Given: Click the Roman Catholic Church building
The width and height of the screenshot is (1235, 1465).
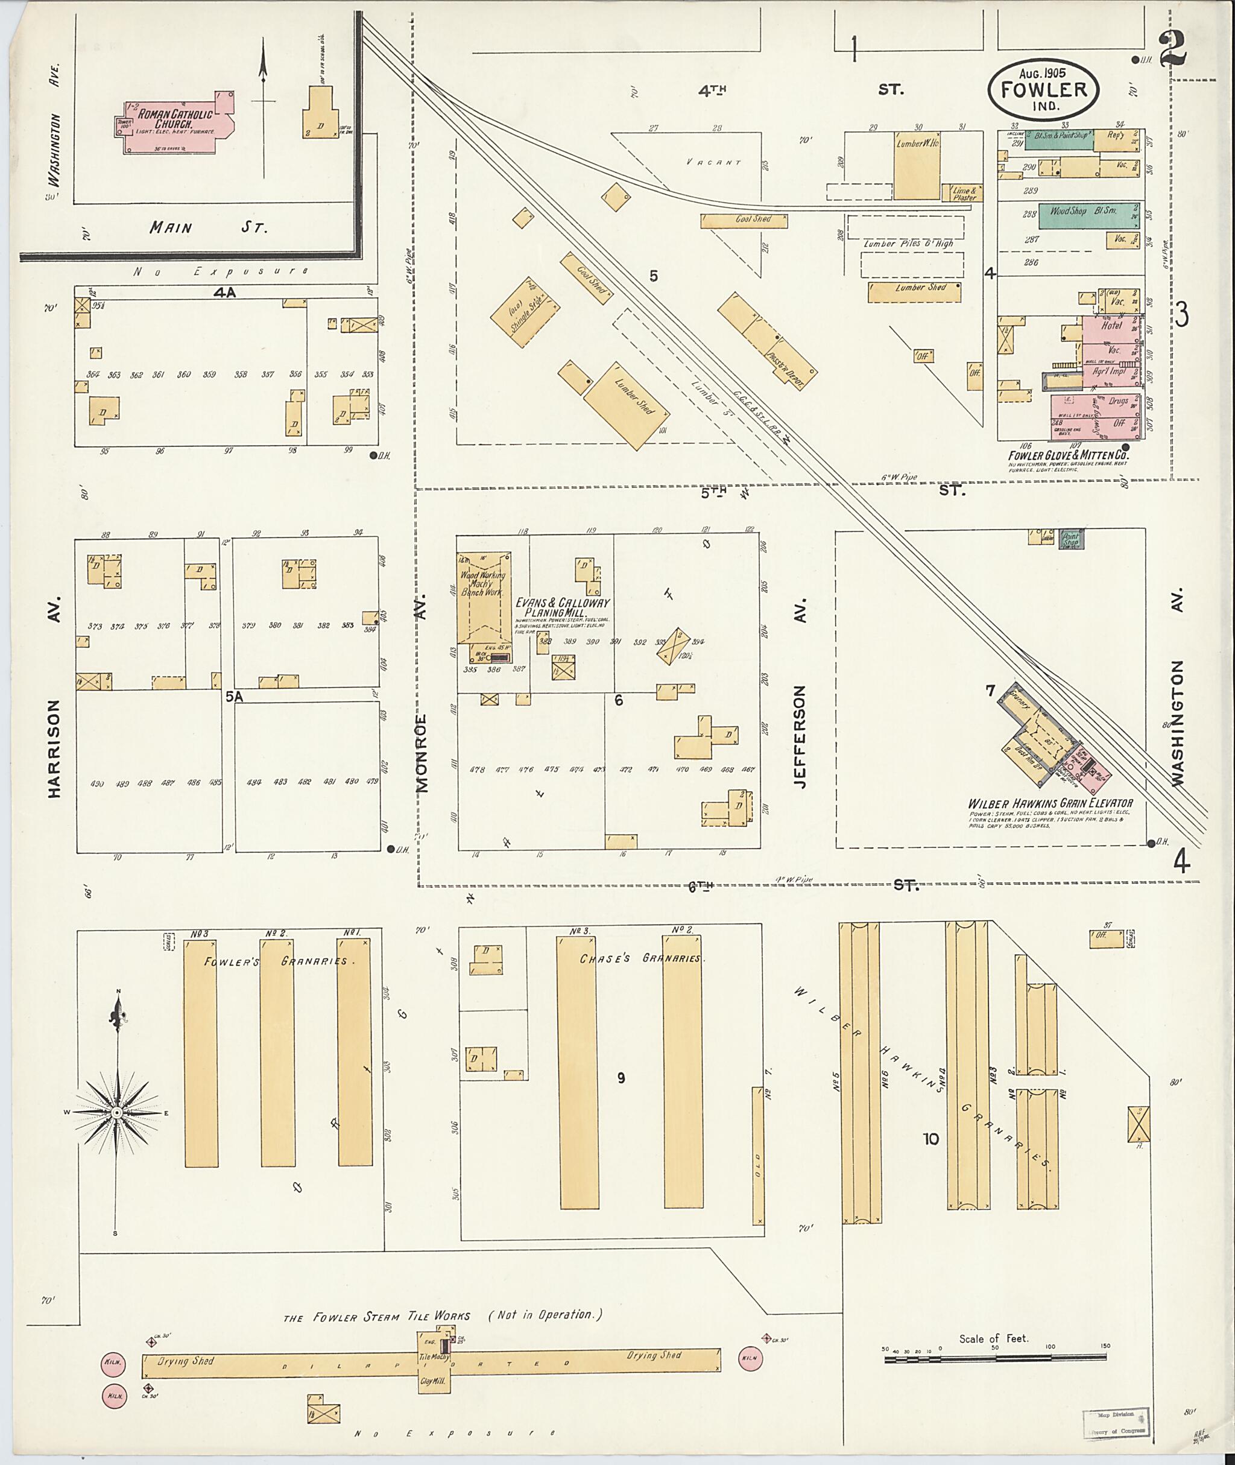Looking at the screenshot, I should (175, 122).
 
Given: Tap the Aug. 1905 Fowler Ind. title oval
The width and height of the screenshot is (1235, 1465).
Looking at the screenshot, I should (1043, 89).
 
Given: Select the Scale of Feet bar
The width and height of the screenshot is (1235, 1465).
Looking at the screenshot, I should (995, 1359).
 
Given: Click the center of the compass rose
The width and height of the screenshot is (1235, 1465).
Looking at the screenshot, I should (117, 1113).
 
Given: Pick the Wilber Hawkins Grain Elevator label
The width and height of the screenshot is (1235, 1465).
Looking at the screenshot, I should (1050, 804).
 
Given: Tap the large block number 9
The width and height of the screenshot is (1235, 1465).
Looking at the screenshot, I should (621, 1078).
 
